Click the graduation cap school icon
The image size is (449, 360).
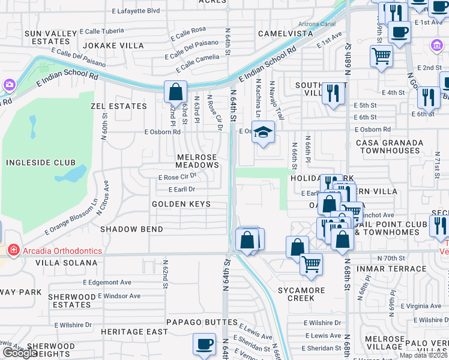coord(262,132)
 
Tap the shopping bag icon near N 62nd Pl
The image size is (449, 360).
coord(175,92)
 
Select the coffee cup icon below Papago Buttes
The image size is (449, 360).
coord(204,344)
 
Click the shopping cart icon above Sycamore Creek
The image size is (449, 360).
coord(311,264)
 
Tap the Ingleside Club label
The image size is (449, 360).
coord(41,163)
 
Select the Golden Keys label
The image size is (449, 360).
coord(181,204)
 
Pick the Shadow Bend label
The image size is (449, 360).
coord(131,229)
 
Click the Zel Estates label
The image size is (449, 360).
coord(118,106)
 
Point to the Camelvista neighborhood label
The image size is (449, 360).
coord(285,34)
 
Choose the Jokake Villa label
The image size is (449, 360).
coord(113,45)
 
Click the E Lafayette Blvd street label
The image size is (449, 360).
coord(136,10)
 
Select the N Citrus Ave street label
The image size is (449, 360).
coord(106,193)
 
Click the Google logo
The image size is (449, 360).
coord(20,353)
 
